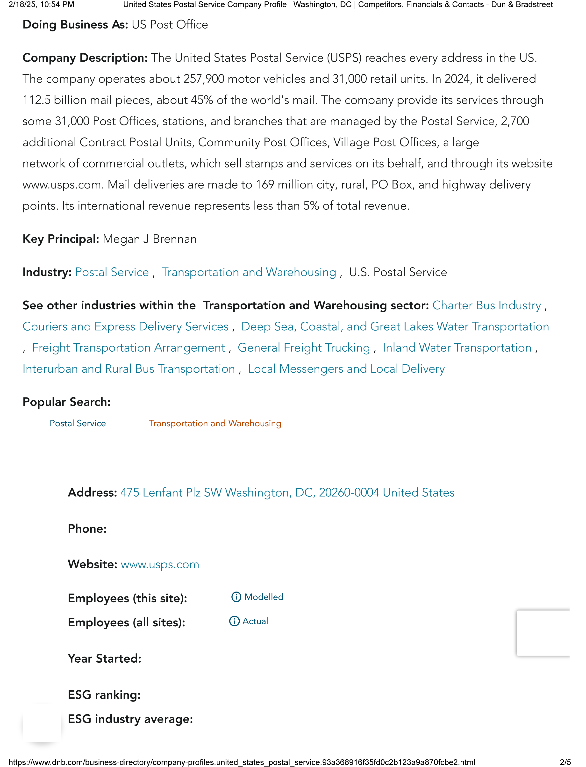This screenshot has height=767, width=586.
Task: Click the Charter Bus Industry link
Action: (x=486, y=305)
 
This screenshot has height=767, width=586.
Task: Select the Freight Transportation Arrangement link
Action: (x=128, y=348)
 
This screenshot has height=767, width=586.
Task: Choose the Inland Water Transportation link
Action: (x=457, y=348)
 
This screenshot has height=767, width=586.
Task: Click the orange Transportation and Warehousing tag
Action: (x=215, y=423)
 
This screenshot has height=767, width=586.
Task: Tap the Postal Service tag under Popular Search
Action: (x=78, y=423)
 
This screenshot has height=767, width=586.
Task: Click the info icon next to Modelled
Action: (x=236, y=597)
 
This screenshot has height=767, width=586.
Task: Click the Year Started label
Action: (x=105, y=658)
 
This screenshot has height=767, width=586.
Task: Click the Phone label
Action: (x=87, y=529)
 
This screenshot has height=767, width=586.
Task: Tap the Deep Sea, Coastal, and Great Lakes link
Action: (x=395, y=327)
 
